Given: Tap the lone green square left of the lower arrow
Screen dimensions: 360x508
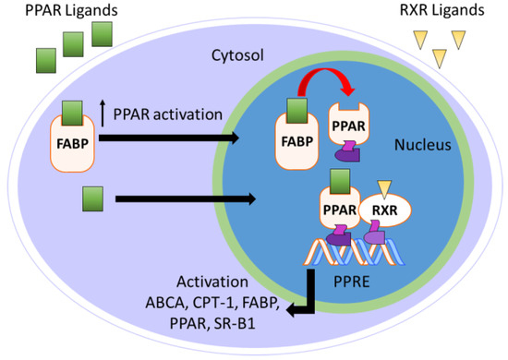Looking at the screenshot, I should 92,197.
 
